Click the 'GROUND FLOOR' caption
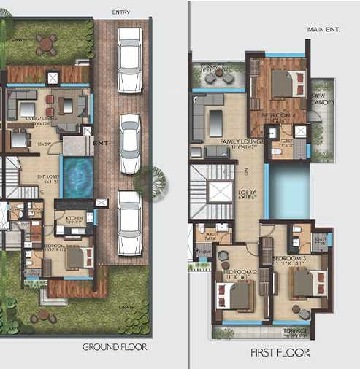(114, 347)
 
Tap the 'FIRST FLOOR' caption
(280, 352)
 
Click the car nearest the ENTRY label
(130, 50)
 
